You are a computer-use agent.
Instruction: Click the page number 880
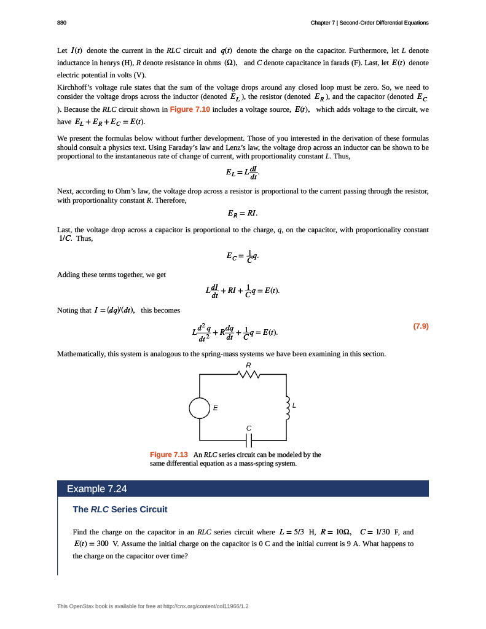61,23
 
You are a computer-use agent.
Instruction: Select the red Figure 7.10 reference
190,109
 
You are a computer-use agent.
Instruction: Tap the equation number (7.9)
420,326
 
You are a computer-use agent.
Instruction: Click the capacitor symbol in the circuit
249,440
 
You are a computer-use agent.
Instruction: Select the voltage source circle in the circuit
200,408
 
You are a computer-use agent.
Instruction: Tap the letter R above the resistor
248,365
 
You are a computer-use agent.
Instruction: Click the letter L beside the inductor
294,405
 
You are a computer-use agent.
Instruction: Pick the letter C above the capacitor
248,428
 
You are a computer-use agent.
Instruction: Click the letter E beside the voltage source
215,408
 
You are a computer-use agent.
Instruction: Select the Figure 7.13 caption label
169,455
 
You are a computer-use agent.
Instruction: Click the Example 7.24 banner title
96,489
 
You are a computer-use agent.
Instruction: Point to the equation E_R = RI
242,214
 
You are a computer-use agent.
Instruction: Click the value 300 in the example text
103,544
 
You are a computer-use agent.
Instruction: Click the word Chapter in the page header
323,23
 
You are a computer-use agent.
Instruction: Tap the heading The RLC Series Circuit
120,510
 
